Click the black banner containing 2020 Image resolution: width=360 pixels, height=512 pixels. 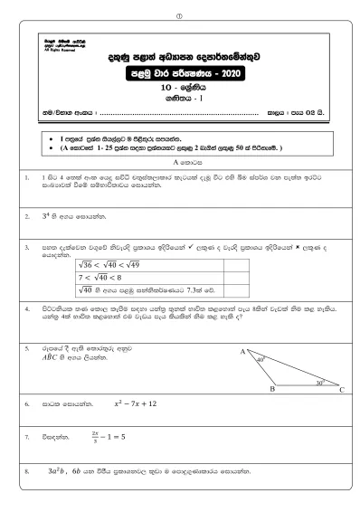point(183,74)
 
